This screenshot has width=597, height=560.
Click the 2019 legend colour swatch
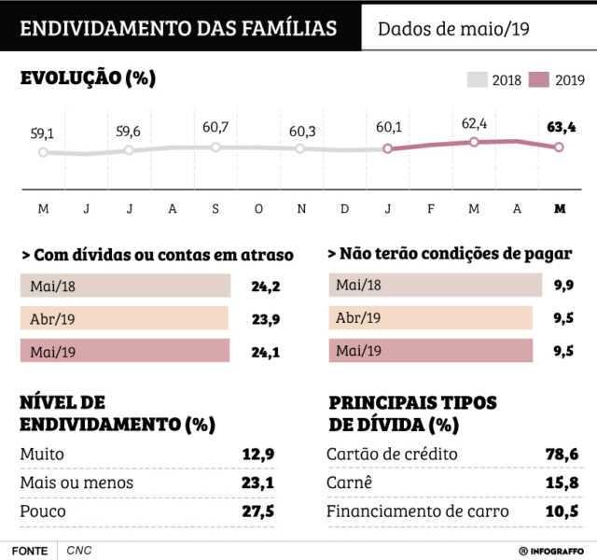(539, 80)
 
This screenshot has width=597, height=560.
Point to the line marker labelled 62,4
(474, 142)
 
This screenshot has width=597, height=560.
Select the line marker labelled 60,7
(215, 147)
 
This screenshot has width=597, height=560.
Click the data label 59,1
(43, 133)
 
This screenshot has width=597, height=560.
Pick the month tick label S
(215, 208)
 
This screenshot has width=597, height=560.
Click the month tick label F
(431, 208)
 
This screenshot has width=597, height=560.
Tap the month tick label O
(258, 208)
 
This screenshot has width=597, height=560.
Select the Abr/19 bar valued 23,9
(124, 318)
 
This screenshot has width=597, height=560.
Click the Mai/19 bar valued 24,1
(124, 351)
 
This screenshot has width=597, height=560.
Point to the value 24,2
(266, 286)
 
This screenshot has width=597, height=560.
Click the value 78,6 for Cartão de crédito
(562, 455)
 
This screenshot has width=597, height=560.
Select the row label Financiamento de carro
(417, 511)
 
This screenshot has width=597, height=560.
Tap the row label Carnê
(350, 483)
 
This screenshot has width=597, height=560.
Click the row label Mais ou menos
(76, 483)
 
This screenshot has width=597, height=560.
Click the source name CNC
(78, 551)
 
